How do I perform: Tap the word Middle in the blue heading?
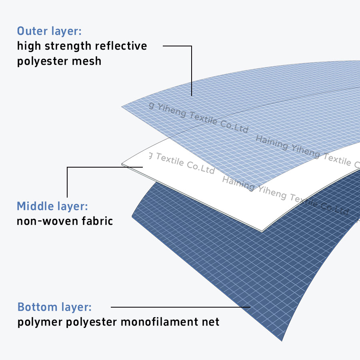pyautogui.click(x=35, y=206)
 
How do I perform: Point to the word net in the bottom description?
pyautogui.click(x=211, y=322)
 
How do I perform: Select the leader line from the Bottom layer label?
pyautogui.click(x=180, y=307)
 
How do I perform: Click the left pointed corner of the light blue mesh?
pyautogui.click(x=122, y=107)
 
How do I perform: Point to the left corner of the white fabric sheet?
pyautogui.click(x=122, y=164)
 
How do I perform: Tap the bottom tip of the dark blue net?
pyautogui.click(x=282, y=340)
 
